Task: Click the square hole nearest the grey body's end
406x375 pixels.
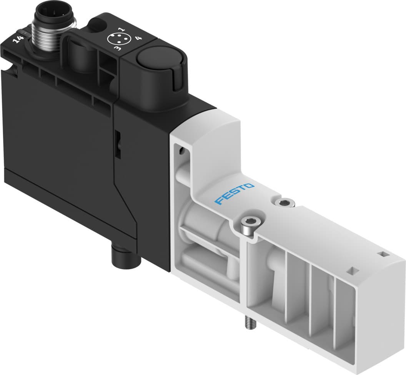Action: [383, 254]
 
